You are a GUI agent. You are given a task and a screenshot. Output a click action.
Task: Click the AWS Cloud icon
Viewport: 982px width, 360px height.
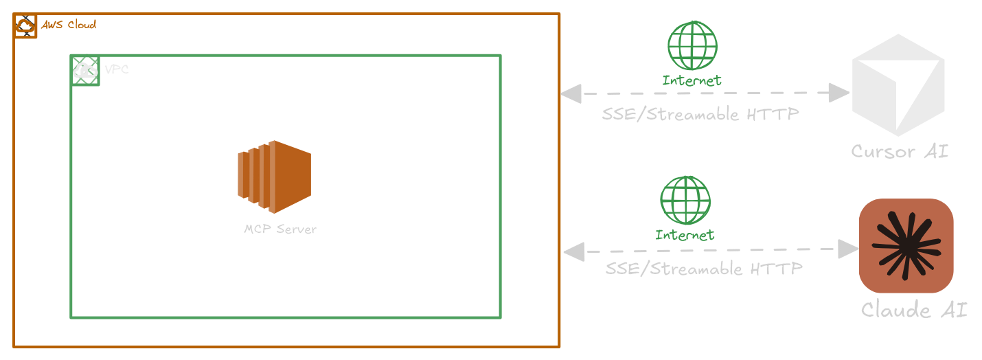pyautogui.click(x=25, y=26)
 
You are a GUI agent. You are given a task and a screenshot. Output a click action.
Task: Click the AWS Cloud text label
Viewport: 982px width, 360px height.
pyautogui.click(x=69, y=25)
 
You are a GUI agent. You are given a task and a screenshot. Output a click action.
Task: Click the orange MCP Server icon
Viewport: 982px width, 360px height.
pyautogui.click(x=275, y=177)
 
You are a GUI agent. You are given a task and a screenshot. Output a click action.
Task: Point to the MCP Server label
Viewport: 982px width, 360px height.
pyautogui.click(x=280, y=229)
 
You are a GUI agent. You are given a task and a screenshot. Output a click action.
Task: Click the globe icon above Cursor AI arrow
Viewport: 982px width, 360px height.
pyautogui.click(x=692, y=46)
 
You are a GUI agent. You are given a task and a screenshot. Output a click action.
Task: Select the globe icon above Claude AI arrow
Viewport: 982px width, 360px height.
pyautogui.click(x=685, y=201)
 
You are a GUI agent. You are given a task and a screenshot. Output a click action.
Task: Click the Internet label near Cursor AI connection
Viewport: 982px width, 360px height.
pyautogui.click(x=692, y=80)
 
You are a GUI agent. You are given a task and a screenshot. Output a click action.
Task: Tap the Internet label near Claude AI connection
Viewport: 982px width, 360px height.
pyautogui.click(x=685, y=235)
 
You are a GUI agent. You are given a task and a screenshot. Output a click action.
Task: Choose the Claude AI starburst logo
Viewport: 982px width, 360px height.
pyautogui.click(x=906, y=246)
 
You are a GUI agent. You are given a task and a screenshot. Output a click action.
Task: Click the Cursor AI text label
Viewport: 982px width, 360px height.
pyautogui.click(x=900, y=151)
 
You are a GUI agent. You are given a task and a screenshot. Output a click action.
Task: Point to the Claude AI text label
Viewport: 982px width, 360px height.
pyautogui.click(x=914, y=310)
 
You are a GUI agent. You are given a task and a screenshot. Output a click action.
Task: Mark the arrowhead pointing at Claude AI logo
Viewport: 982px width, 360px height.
pyautogui.click(x=849, y=249)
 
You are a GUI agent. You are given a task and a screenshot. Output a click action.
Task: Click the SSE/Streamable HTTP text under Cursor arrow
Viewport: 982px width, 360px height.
pyautogui.click(x=700, y=114)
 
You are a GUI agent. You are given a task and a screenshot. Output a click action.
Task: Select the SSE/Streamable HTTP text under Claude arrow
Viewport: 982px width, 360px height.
pyautogui.click(x=704, y=269)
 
